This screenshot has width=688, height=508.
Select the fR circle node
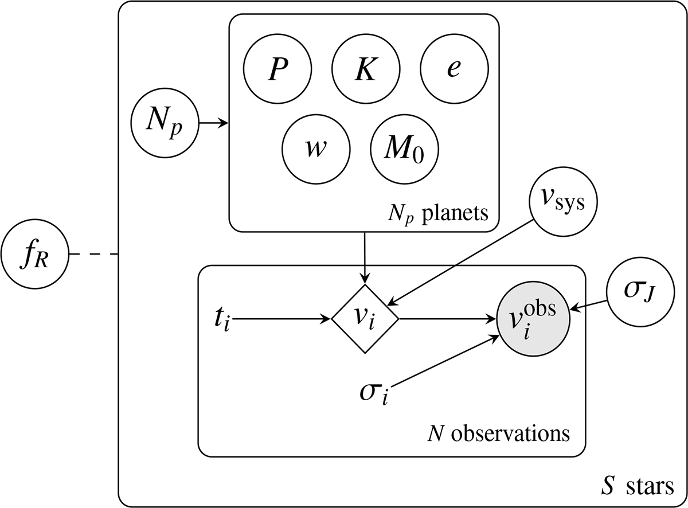click(x=34, y=254)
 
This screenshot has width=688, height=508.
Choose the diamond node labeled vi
click(x=365, y=318)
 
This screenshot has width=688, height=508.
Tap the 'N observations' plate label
click(x=499, y=432)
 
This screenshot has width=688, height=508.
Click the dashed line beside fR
click(x=93, y=254)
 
